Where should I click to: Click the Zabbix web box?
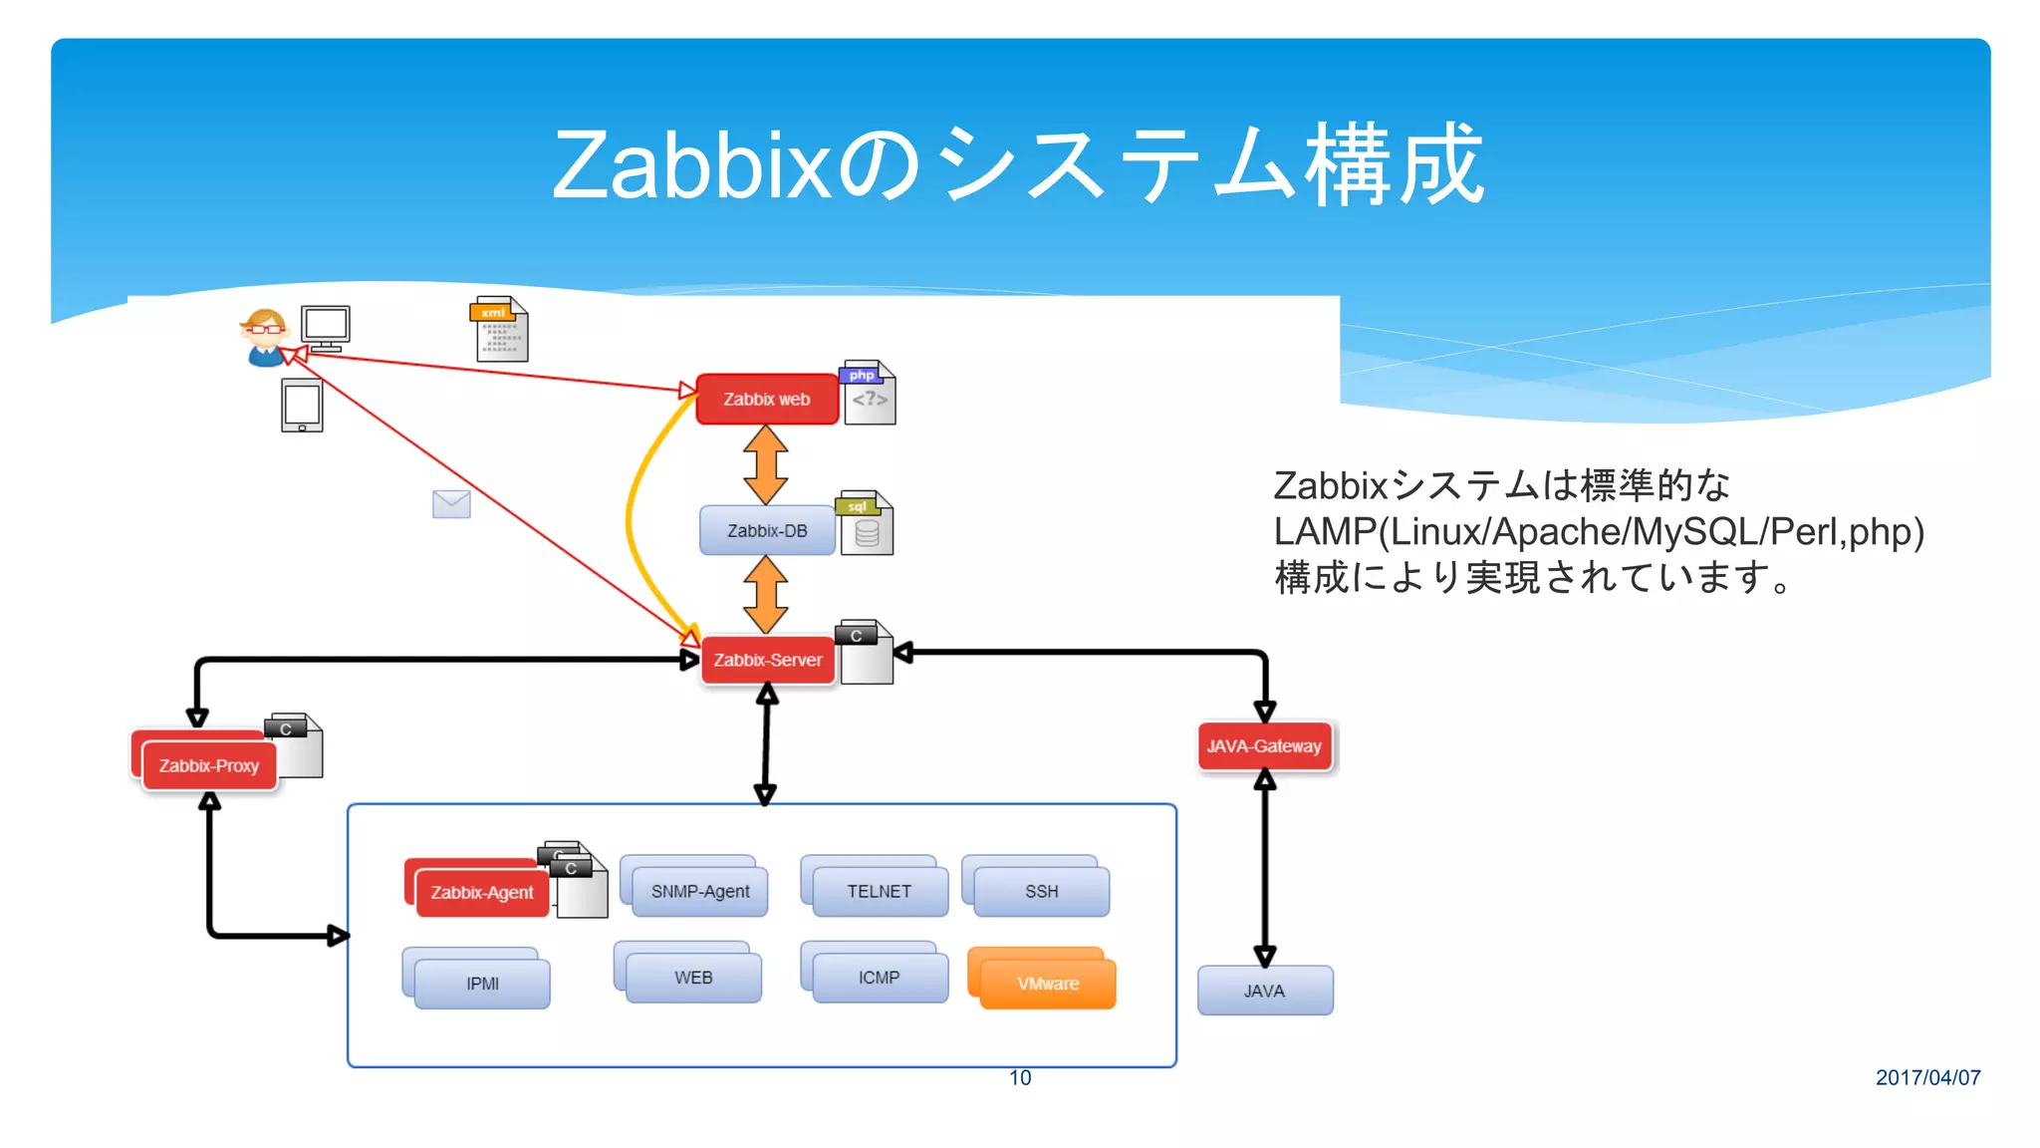pyautogui.click(x=766, y=400)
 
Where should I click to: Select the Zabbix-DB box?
pyautogui.click(x=766, y=530)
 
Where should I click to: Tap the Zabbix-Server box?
pyautogui.click(x=767, y=660)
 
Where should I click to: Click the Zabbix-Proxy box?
pyautogui.click(x=208, y=765)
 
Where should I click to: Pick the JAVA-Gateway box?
pyautogui.click(x=1264, y=746)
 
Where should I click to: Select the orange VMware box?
pyautogui.click(x=1047, y=983)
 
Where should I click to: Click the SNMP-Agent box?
pyautogui.click(x=699, y=891)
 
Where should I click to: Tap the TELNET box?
pyautogui.click(x=879, y=891)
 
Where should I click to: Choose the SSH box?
pyautogui.click(x=1041, y=891)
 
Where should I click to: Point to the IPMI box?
pyautogui.click(x=482, y=983)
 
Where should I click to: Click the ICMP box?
pyautogui.click(x=879, y=977)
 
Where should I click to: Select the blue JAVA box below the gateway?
pyautogui.click(x=1264, y=991)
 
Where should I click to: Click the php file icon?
pyautogui.click(x=870, y=393)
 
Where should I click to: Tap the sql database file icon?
pyautogui.click(x=866, y=523)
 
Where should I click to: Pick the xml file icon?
pyautogui.click(x=500, y=329)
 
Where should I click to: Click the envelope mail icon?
pyautogui.click(x=451, y=504)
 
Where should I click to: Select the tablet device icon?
pyautogui.click(x=302, y=406)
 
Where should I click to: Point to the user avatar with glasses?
pyautogui.click(x=264, y=337)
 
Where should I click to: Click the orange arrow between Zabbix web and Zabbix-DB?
pyautogui.click(x=765, y=464)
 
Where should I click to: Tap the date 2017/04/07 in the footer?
pyautogui.click(x=1927, y=1077)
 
